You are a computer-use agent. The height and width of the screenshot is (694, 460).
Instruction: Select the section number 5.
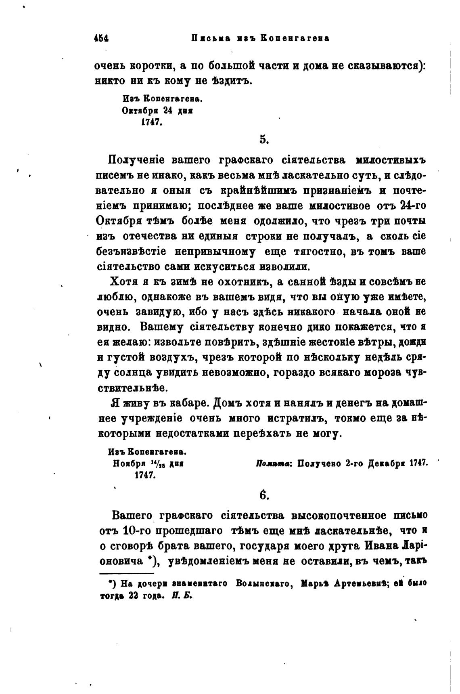click(x=263, y=140)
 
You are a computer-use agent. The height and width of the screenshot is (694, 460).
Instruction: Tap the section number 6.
click(x=263, y=495)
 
